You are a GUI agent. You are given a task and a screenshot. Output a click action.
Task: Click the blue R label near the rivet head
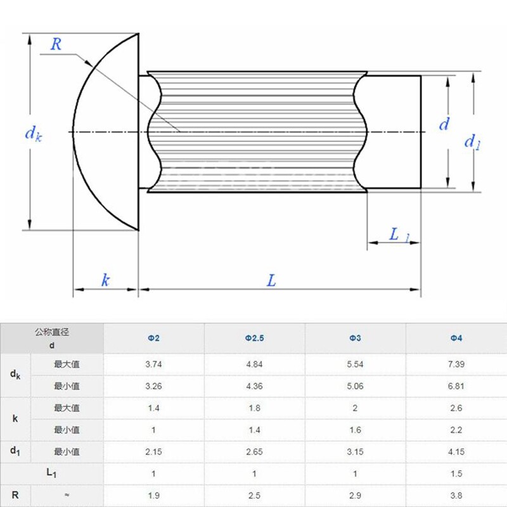56,44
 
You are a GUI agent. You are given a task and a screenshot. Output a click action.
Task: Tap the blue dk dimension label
34,133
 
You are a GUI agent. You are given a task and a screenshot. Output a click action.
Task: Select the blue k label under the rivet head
105,280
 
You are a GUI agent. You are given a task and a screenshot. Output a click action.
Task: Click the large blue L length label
271,280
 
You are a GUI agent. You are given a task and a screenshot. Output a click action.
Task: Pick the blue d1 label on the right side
472,142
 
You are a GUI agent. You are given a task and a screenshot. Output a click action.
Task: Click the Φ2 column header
153,338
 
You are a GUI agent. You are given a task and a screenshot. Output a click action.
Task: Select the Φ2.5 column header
255,338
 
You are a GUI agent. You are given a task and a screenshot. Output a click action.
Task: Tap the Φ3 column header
355,338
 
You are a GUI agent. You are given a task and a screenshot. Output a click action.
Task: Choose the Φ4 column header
456,338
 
